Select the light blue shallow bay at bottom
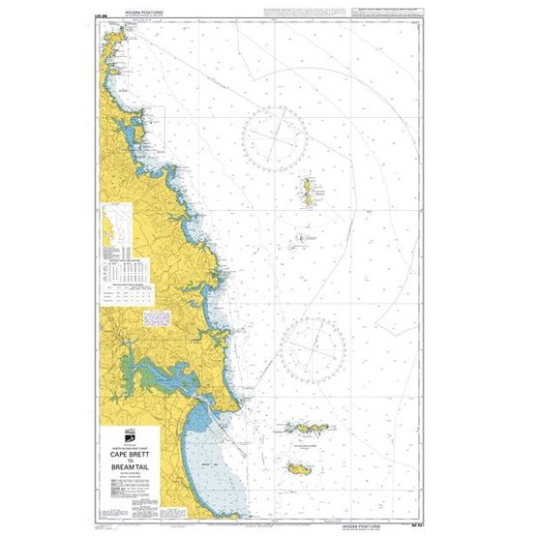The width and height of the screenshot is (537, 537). [x=208, y=440]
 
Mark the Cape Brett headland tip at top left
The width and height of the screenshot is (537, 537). [x=112, y=45]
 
